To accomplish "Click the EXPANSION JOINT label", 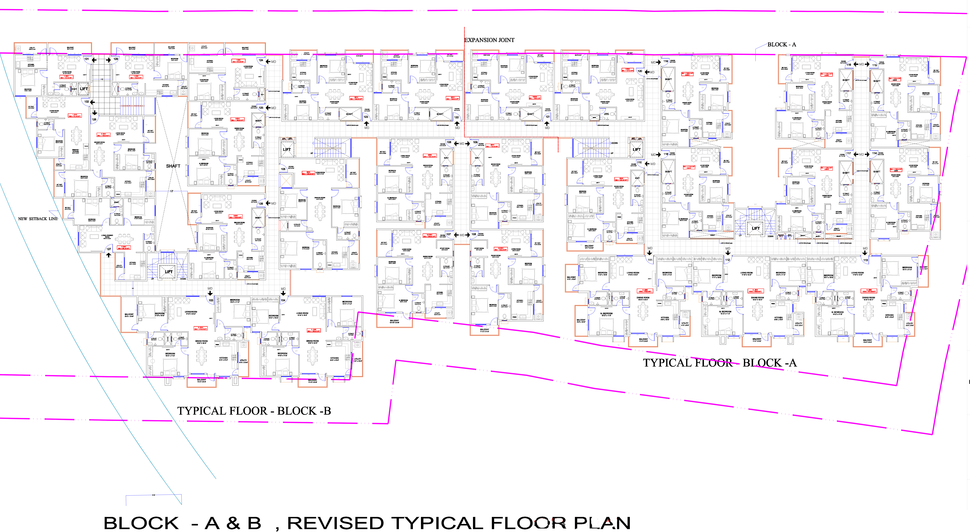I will (x=489, y=40).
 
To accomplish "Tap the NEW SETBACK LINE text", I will (x=38, y=219).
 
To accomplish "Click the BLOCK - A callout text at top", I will (x=782, y=44).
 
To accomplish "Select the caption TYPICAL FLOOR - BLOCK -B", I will (x=254, y=411).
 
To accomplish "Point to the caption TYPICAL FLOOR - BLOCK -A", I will (x=720, y=363).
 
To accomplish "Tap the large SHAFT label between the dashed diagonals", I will (x=173, y=166).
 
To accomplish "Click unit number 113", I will (x=865, y=260).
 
